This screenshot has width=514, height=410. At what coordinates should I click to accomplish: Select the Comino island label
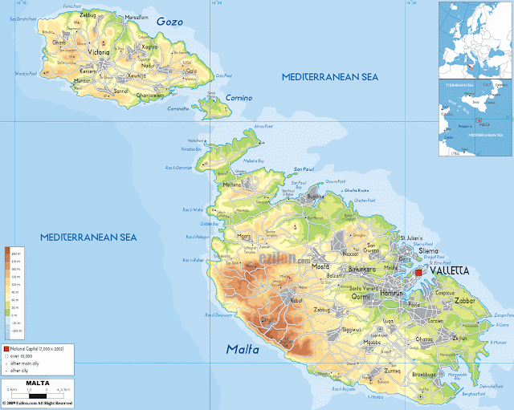(239, 98)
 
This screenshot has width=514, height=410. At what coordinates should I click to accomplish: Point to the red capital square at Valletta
(418, 274)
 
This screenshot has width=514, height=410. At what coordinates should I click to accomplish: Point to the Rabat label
(296, 300)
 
